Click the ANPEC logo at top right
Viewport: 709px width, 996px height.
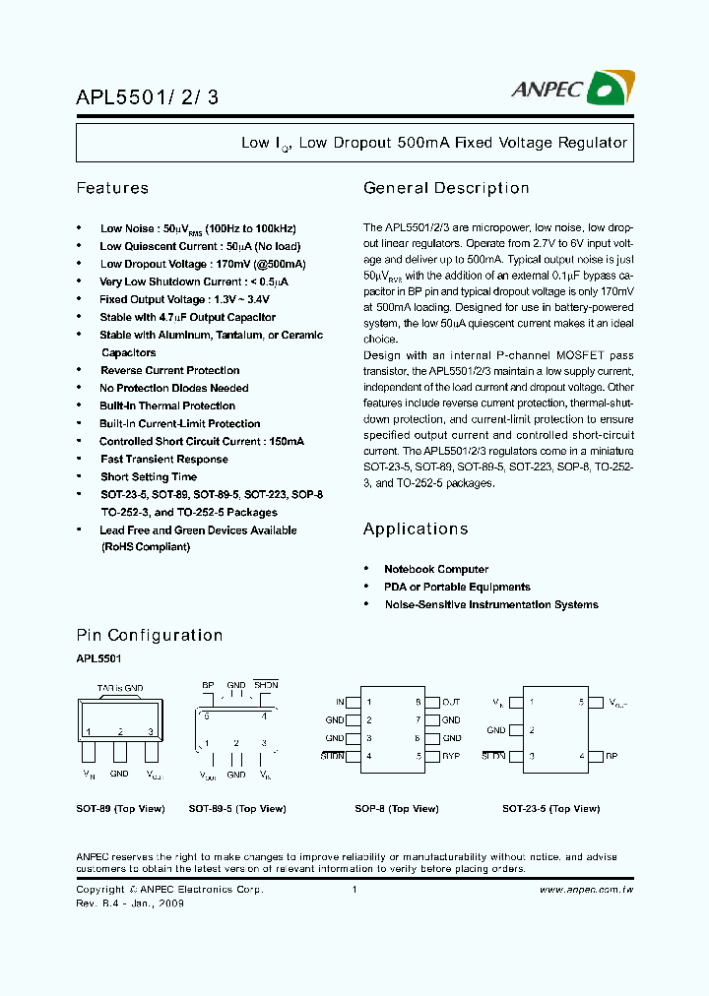click(570, 90)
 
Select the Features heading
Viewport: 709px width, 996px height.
click(112, 188)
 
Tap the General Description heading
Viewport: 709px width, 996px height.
click(446, 188)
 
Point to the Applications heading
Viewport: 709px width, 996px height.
click(415, 529)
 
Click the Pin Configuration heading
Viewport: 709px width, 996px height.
click(150, 635)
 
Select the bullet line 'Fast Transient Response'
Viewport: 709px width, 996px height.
click(163, 459)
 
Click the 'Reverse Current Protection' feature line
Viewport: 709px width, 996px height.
click(169, 370)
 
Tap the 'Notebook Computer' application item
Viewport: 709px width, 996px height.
click(435, 569)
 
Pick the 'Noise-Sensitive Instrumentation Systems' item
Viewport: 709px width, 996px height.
click(490, 604)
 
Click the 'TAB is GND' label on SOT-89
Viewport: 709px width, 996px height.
click(119, 688)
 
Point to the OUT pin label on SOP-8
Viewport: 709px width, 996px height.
click(451, 702)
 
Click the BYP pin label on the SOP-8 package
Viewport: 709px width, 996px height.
click(451, 756)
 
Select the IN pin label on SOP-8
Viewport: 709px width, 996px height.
click(340, 702)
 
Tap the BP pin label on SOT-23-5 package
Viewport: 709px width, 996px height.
click(612, 756)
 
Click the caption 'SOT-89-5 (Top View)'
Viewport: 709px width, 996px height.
click(236, 808)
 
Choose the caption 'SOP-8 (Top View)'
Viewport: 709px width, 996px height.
click(396, 808)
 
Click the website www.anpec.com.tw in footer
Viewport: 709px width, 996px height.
click(587, 889)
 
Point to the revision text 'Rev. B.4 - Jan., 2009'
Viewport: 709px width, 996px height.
click(130, 902)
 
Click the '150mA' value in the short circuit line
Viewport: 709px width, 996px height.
click(283, 441)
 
